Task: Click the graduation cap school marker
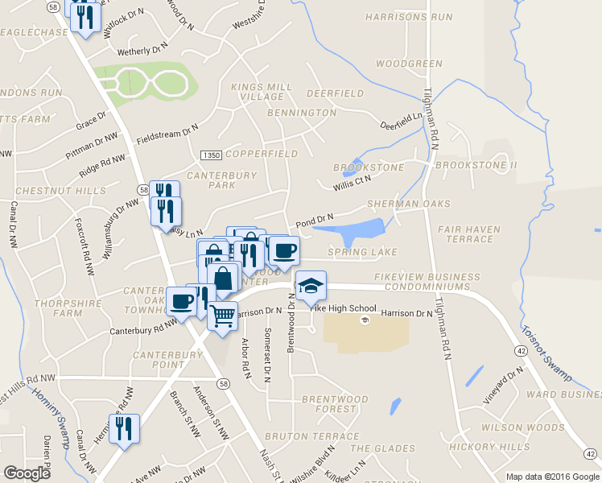[311, 285]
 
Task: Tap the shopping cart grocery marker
[223, 314]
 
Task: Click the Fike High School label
[344, 308]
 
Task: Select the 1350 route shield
[211, 154]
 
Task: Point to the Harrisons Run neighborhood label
[408, 17]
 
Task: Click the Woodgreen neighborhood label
[409, 64]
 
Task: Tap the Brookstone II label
[475, 166]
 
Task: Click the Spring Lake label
[363, 253]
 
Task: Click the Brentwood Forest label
[334, 404]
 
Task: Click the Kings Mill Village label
[257, 91]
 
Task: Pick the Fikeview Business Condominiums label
[422, 282]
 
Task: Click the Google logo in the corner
[27, 473]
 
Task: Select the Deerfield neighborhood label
[335, 93]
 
